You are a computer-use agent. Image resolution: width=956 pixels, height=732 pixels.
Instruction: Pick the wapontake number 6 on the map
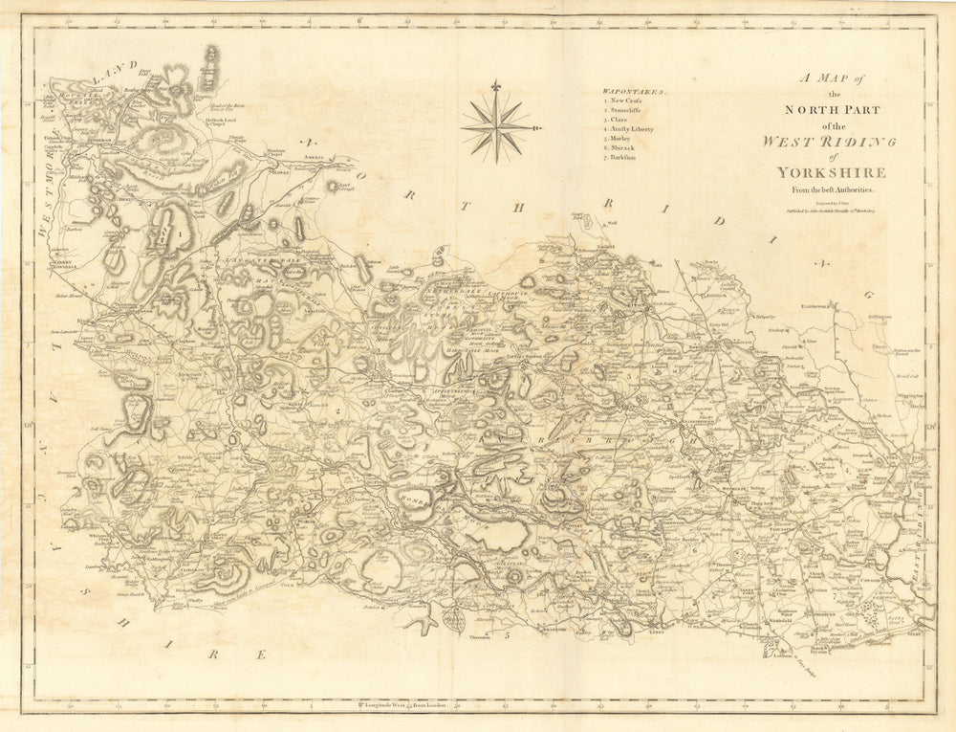693,551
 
